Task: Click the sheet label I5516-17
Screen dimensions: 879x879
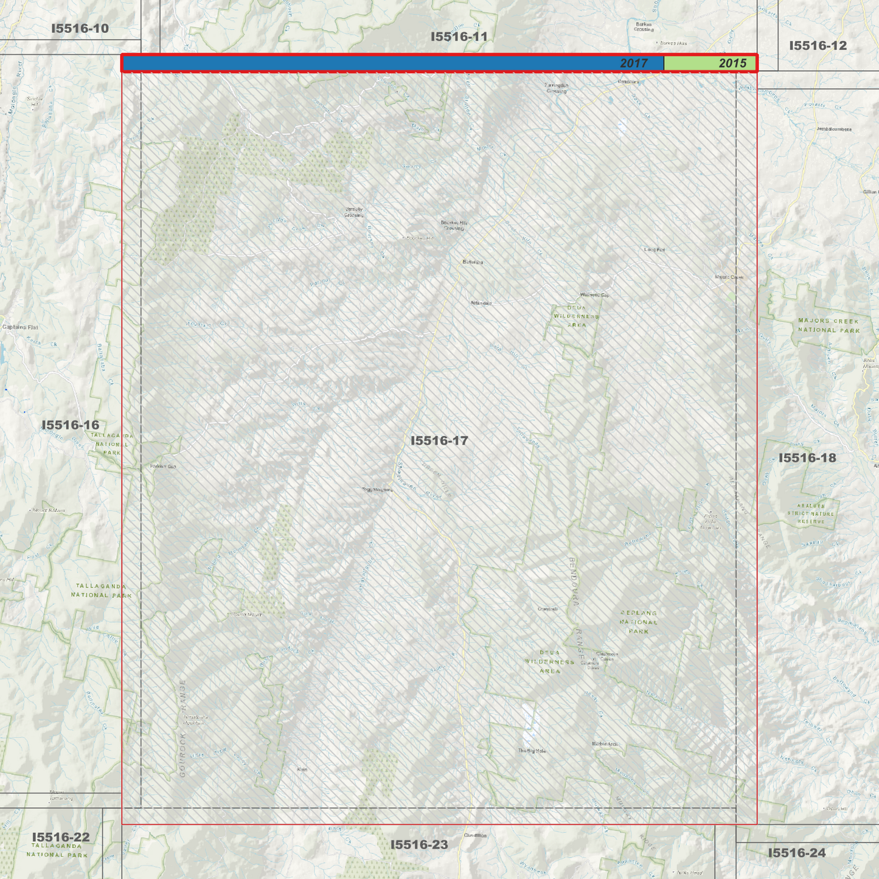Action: (439, 440)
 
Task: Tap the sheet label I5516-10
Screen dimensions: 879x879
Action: (80, 29)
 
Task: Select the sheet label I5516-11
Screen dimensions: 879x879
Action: (459, 36)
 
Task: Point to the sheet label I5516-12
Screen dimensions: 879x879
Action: (818, 46)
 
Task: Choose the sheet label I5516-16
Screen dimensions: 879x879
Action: (71, 425)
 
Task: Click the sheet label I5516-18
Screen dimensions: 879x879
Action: (807, 457)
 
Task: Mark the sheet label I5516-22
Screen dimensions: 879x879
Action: (61, 837)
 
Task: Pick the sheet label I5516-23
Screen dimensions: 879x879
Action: (419, 844)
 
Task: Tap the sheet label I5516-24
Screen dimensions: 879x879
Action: (797, 853)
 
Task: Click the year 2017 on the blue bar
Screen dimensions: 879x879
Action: (634, 63)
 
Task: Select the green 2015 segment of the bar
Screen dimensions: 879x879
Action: (709, 63)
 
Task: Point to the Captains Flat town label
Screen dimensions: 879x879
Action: (20, 327)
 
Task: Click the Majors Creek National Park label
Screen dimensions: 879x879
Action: (829, 325)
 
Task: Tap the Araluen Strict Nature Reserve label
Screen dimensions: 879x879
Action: (811, 513)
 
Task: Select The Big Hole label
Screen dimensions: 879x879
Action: (532, 751)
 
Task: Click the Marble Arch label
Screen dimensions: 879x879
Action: (605, 744)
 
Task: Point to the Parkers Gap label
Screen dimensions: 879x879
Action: (162, 467)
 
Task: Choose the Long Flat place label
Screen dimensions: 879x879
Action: (655, 249)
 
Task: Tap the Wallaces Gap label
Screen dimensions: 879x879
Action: (594, 295)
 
